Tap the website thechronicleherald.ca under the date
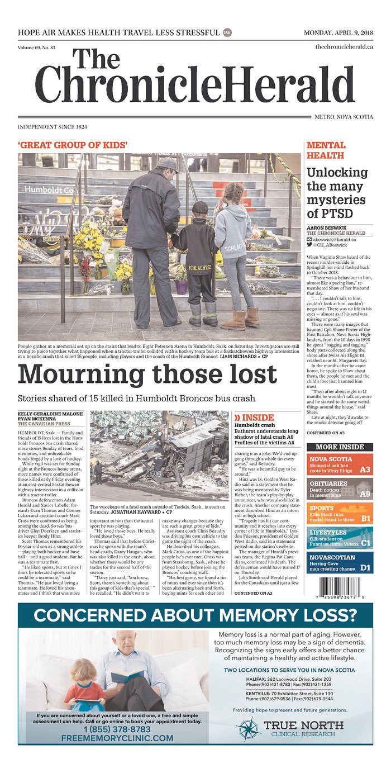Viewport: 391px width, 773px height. pos(344,48)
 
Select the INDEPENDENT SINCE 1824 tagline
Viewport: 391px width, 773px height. pos(53,127)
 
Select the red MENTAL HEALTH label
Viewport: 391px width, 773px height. pos(326,150)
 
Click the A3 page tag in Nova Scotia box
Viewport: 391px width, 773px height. pos(365,470)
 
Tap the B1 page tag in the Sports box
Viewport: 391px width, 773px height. pos(365,518)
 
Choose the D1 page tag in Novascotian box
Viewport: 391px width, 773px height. pos(365,568)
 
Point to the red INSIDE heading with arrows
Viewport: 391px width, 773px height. pos(254,417)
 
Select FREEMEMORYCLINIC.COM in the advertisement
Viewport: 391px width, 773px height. pos(117,738)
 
